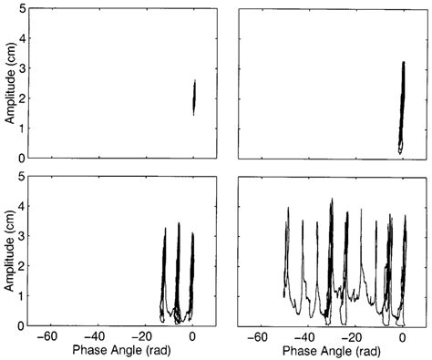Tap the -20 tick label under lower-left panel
[x=146, y=335]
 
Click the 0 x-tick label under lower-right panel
[x=404, y=335]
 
